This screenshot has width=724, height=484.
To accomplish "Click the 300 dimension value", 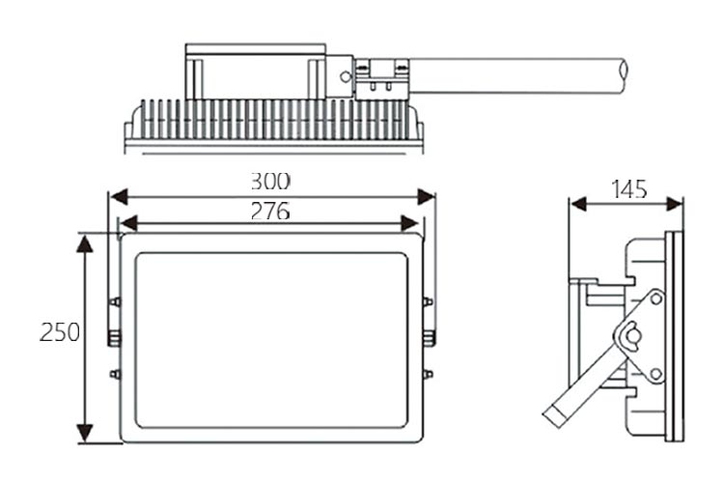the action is pyautogui.click(x=270, y=182).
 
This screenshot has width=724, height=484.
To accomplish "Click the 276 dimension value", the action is pyautogui.click(x=270, y=212).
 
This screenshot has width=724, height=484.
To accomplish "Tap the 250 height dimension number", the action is pyautogui.click(x=60, y=332).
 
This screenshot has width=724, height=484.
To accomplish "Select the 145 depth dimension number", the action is pyautogui.click(x=628, y=189).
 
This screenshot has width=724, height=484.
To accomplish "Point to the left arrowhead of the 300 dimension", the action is pyautogui.click(x=119, y=196).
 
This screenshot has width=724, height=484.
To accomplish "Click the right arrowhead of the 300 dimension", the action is pyautogui.click(x=426, y=196).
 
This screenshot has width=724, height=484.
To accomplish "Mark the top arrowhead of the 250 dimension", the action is pyautogui.click(x=85, y=243).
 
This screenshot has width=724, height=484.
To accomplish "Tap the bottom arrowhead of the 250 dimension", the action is pyautogui.click(x=85, y=434).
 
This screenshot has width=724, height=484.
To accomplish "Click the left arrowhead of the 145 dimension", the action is pyautogui.click(x=578, y=204).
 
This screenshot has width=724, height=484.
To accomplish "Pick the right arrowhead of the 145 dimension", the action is pyautogui.click(x=675, y=204).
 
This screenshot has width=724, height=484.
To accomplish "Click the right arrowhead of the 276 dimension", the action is pyautogui.click(x=410, y=223).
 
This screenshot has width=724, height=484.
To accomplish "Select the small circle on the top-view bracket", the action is pyautogui.click(x=346, y=76).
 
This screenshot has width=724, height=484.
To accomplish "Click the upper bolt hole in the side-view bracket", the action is pyautogui.click(x=655, y=299).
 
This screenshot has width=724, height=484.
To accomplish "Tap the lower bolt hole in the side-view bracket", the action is pyautogui.click(x=655, y=374).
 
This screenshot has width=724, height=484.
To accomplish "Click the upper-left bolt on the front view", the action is pyautogui.click(x=115, y=302).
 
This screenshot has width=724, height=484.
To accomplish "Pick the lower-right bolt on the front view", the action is pyautogui.click(x=428, y=374).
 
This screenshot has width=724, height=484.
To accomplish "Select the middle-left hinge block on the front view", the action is pyautogui.click(x=114, y=338).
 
